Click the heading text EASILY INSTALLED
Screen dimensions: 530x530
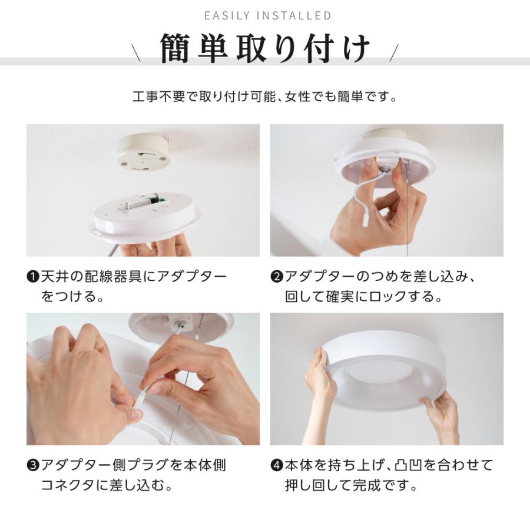point(267,15)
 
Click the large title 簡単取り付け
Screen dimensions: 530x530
point(265,49)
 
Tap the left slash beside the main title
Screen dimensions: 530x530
point(137,54)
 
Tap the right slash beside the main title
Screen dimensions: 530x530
point(394,54)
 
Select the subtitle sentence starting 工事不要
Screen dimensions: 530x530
point(265,96)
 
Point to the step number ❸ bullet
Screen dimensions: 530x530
point(33,466)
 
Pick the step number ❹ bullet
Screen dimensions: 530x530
point(277,466)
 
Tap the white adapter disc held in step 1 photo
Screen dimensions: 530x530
point(144,215)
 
